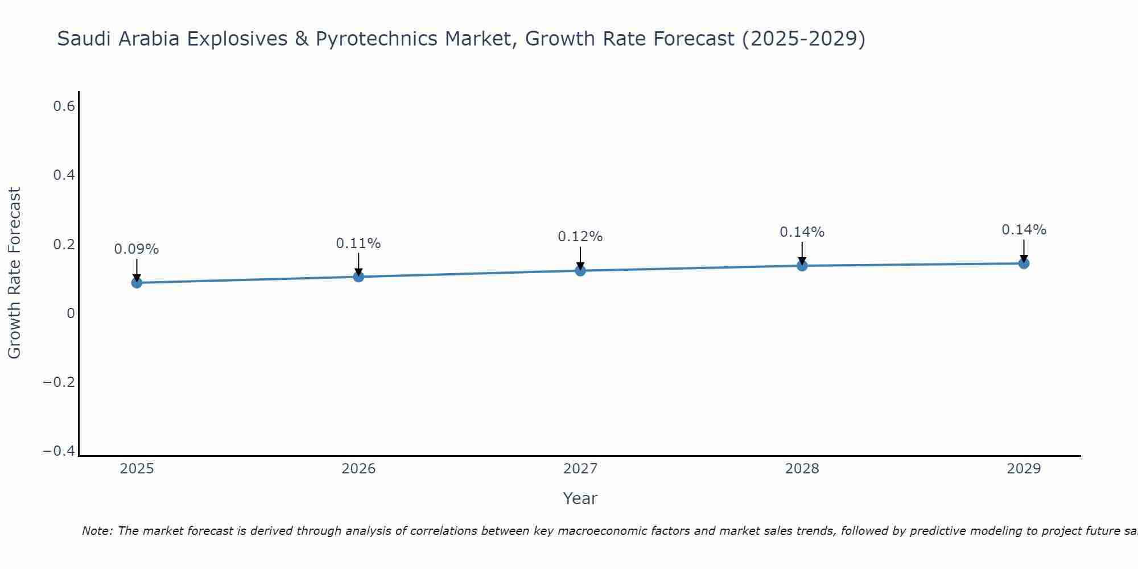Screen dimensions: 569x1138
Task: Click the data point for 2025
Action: click(137, 282)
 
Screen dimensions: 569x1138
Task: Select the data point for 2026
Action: click(358, 277)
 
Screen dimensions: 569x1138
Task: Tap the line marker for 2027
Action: click(580, 270)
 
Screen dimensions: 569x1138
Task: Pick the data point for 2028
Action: click(802, 265)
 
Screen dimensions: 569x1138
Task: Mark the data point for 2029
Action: click(1024, 263)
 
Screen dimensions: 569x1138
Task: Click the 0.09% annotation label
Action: click(137, 249)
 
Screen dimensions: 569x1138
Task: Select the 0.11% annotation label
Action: click(358, 244)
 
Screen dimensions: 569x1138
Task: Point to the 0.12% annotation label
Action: click(580, 237)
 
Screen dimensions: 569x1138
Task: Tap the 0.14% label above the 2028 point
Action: click(802, 232)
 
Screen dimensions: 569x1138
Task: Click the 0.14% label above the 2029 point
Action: click(1024, 230)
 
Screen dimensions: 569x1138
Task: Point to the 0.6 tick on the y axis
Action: click(64, 106)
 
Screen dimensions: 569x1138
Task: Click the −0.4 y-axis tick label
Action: click(59, 451)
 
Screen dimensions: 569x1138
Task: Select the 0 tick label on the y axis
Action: click(71, 313)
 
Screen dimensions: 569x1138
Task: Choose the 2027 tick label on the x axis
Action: click(580, 469)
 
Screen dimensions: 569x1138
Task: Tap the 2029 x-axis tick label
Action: click(1024, 469)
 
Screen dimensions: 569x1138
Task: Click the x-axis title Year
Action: click(580, 498)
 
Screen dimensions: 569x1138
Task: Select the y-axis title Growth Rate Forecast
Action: click(14, 273)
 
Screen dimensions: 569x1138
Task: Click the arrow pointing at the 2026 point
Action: click(358, 264)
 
